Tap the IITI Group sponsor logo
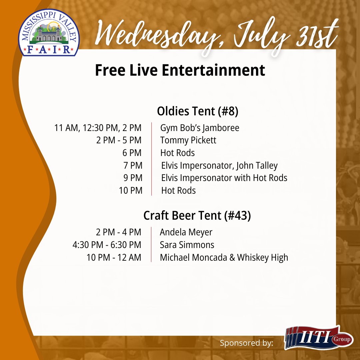pyautogui.click(x=319, y=338)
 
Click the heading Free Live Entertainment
pyautogui.click(x=180, y=71)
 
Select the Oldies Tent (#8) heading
pyautogui.click(x=197, y=111)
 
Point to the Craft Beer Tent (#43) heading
pyautogui.click(x=197, y=216)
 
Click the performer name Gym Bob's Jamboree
pyautogui.click(x=200, y=128)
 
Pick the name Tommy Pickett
pyautogui.click(x=188, y=140)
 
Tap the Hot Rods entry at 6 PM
pyautogui.click(x=177, y=153)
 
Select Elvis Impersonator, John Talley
pyautogui.click(x=219, y=166)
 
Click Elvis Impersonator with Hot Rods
pyautogui.click(x=224, y=178)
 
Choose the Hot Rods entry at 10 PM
pyautogui.click(x=178, y=191)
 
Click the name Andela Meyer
pyautogui.click(x=186, y=232)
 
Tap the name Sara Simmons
pyautogui.click(x=187, y=245)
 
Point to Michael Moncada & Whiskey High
pyautogui.click(x=224, y=258)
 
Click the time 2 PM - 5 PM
pyautogui.click(x=119, y=140)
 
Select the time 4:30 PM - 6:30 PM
pyautogui.click(x=107, y=245)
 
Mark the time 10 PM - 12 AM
pyautogui.click(x=114, y=258)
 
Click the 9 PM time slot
pyautogui.click(x=133, y=178)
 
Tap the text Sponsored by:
pyautogui.click(x=246, y=343)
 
